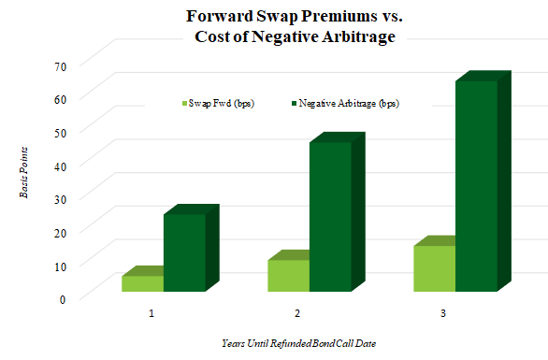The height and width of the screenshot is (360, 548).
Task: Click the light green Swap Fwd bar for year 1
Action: tap(142, 283)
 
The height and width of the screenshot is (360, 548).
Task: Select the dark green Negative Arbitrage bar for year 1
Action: tap(184, 252)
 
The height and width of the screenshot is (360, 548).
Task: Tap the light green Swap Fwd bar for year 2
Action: tap(288, 275)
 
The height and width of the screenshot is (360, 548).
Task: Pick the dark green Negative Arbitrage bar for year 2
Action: tap(330, 216)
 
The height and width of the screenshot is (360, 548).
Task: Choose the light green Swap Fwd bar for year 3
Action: tap(434, 268)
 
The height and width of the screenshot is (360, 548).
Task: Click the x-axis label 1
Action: tap(151, 311)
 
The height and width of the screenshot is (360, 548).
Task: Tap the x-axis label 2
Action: tap(297, 311)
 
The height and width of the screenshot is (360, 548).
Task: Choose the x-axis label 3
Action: tap(443, 311)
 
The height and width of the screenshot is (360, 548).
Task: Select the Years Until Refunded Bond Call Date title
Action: tap(296, 344)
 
